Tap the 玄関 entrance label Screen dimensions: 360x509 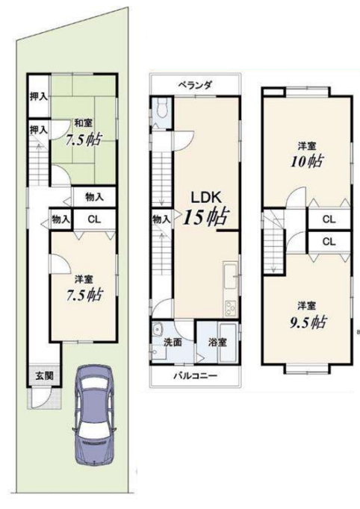coord(44,376)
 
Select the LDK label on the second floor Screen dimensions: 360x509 coord(205,197)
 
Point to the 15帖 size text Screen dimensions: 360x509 coord(206,216)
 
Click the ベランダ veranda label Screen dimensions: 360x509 coord(195,85)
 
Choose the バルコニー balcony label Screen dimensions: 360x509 coord(195,376)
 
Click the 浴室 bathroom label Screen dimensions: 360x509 coord(217,342)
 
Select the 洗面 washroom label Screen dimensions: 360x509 coord(173,342)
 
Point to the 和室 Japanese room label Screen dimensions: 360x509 coord(84,123)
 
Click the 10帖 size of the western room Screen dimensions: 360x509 coord(307,161)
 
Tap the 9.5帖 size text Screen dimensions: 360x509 coord(308,322)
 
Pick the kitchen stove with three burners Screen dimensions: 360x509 coord(230,307)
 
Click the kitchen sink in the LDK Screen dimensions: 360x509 coord(230,276)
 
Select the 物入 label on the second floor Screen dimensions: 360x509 coord(161,219)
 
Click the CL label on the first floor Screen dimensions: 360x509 coord(95,219)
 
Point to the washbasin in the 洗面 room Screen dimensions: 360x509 coord(158,330)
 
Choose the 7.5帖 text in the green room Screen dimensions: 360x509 coord(84,140)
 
